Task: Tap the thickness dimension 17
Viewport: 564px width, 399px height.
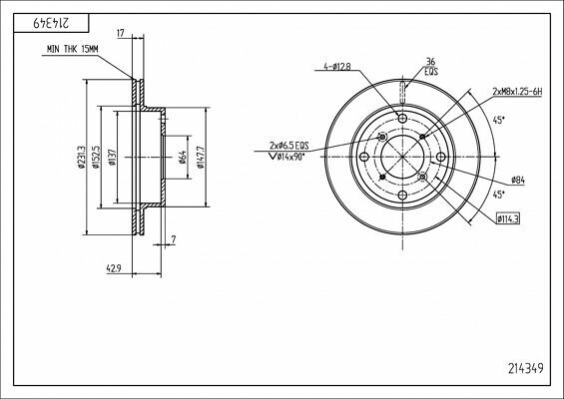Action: pos(121,33)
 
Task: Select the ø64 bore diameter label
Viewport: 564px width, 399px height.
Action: pos(184,158)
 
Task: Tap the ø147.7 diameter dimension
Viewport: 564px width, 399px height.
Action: pos(203,158)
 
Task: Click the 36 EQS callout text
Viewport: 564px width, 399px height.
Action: pos(431,66)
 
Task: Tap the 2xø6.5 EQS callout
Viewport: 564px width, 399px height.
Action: pos(289,146)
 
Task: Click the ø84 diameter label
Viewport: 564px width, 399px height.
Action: pos(518,180)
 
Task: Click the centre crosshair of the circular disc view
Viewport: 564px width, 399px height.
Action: pos(403,158)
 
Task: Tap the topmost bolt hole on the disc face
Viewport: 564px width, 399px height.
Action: pos(403,120)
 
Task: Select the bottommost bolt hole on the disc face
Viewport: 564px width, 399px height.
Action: pos(403,196)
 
